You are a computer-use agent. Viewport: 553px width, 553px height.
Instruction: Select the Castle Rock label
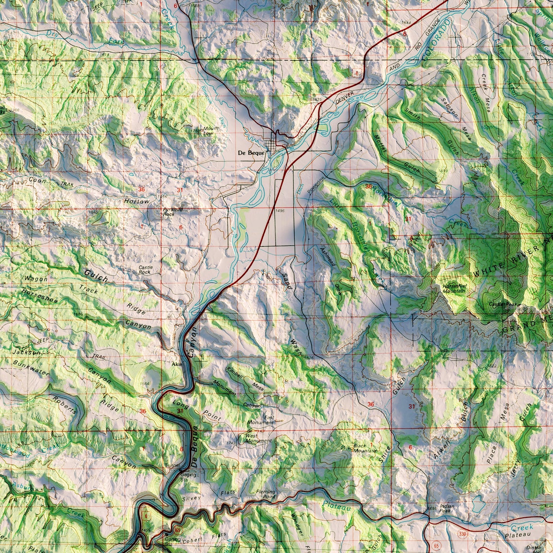pyautogui.click(x=144, y=270)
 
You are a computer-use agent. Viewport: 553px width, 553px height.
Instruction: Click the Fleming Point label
pyautogui.click(x=266, y=494)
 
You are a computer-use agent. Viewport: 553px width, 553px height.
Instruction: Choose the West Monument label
pyautogui.click(x=258, y=438)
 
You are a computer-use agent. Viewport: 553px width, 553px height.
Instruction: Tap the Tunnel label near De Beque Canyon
pyautogui.click(x=172, y=465)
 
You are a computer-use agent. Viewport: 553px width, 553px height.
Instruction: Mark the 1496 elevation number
pyautogui.click(x=279, y=210)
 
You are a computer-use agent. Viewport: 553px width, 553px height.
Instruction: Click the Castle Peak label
pyautogui.click(x=503, y=304)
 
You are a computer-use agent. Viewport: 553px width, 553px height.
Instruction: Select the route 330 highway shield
pyautogui.click(x=463, y=533)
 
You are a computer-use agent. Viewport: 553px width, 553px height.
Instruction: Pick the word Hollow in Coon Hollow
pyautogui.click(x=137, y=201)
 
